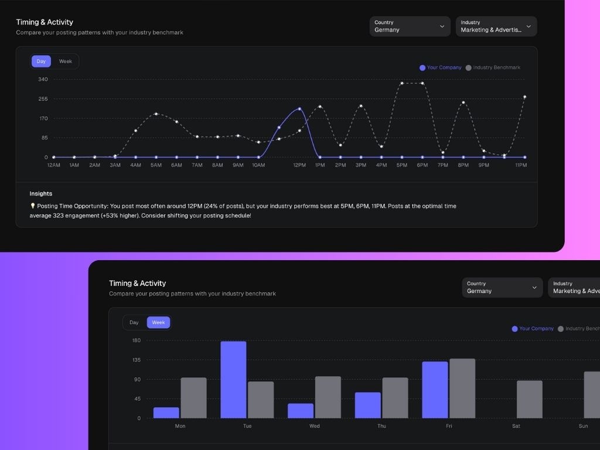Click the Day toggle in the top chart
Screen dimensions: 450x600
pos(41,62)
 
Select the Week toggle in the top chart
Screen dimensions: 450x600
pos(65,62)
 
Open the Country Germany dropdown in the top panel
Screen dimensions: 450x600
pos(410,26)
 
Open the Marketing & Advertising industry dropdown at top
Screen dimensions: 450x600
pos(496,26)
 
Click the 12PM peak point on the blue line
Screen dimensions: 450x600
pos(299,109)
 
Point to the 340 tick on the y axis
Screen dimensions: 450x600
pos(43,79)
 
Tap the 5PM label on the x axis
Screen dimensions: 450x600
pos(401,165)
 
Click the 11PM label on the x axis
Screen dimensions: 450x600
pos(521,165)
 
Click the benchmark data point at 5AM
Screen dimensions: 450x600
pos(156,114)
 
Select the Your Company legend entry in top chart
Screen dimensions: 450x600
pos(441,67)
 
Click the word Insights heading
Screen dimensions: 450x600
pos(41,193)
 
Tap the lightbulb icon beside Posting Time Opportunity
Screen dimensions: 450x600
pos(33,206)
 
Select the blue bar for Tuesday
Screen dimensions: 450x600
pos(233,379)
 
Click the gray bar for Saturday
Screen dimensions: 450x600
pos(529,399)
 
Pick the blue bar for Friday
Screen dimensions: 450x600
pos(435,390)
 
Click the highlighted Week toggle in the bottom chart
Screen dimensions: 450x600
pos(158,322)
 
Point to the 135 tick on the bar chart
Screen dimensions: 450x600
pos(136,360)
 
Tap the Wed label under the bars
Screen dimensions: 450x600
pos(315,426)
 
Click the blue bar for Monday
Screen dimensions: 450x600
pos(166,412)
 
